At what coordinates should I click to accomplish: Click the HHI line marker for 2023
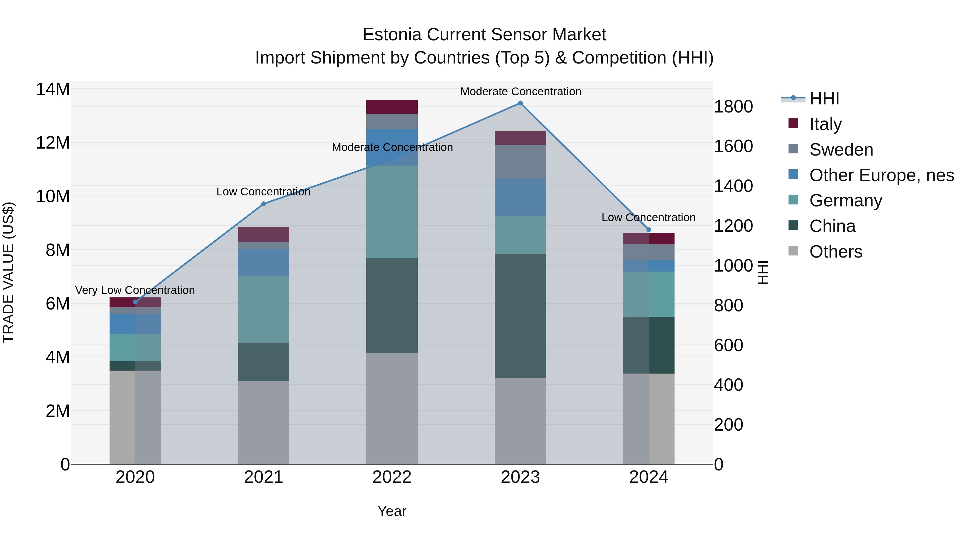(520, 103)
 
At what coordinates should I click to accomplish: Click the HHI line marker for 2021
(264, 204)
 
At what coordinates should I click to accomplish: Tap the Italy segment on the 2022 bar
(392, 107)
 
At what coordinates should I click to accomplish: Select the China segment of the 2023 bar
(520, 316)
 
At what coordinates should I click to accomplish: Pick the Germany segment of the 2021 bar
(264, 310)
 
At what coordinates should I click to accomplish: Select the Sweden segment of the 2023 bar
(520, 162)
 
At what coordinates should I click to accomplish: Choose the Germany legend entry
(846, 201)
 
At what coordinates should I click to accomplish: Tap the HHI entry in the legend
(824, 99)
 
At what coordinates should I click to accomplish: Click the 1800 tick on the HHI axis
(733, 107)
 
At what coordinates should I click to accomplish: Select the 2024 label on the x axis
(648, 477)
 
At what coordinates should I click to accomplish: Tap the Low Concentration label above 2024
(648, 217)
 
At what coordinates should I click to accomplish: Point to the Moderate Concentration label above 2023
(521, 92)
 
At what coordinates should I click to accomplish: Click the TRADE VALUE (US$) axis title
(8, 272)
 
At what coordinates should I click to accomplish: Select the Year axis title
(392, 511)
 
